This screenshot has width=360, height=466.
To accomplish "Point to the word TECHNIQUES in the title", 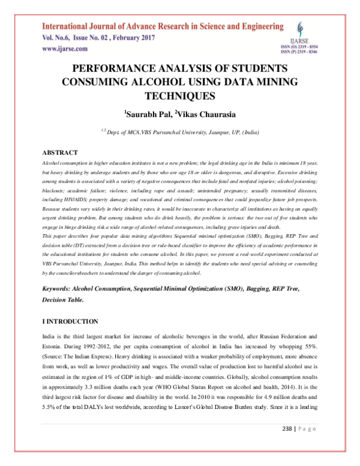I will click(180, 95).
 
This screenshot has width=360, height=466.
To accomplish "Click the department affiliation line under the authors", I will click(180, 130).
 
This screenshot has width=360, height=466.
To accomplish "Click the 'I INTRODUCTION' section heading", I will click(70, 322).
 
